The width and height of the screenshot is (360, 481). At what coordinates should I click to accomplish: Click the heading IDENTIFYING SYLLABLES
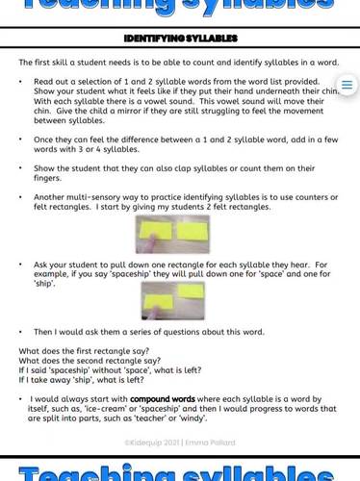tap(180, 38)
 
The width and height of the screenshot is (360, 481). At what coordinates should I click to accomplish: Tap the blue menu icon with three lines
tap(347, 86)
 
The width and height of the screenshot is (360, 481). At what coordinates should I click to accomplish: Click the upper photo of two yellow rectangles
tap(172, 233)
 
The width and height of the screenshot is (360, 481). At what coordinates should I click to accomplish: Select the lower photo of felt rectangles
tap(172, 300)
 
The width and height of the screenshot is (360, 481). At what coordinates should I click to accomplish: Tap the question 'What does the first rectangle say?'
tap(84, 351)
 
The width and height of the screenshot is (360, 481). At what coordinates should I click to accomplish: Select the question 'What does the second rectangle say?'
tap(90, 361)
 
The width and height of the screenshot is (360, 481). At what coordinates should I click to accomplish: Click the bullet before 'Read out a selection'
tap(21, 83)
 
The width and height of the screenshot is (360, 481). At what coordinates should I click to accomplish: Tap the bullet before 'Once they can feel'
tap(21, 140)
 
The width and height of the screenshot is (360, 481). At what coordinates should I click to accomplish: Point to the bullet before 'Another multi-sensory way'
tap(21, 197)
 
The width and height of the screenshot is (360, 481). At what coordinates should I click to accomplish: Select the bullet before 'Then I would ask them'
tap(21, 333)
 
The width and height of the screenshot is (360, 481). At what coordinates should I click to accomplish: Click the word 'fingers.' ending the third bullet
tap(47, 179)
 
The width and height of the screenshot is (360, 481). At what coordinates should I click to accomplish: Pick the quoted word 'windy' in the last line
tap(193, 418)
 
